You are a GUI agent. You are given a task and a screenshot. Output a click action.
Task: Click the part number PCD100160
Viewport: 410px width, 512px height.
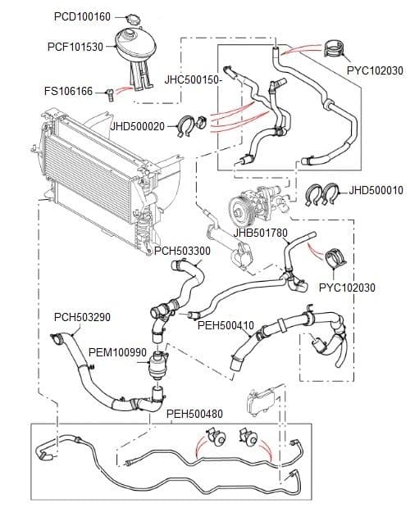[82, 16]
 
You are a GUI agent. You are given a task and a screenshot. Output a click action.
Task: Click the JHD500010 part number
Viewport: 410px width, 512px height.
[376, 190]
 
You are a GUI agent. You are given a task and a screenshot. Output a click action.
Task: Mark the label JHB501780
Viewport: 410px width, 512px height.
[260, 233]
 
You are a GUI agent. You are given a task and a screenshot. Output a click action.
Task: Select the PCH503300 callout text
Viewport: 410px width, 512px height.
[182, 251]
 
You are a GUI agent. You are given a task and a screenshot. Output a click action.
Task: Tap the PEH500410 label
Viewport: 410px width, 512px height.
[225, 324]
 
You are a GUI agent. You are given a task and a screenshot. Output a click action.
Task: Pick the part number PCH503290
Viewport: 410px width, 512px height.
[82, 317]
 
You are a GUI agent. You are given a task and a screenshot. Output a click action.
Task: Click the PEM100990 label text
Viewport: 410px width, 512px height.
[117, 352]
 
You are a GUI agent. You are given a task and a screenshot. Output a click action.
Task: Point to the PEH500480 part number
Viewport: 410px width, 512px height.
[194, 414]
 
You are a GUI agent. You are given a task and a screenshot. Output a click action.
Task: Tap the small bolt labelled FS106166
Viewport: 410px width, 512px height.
[106, 93]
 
